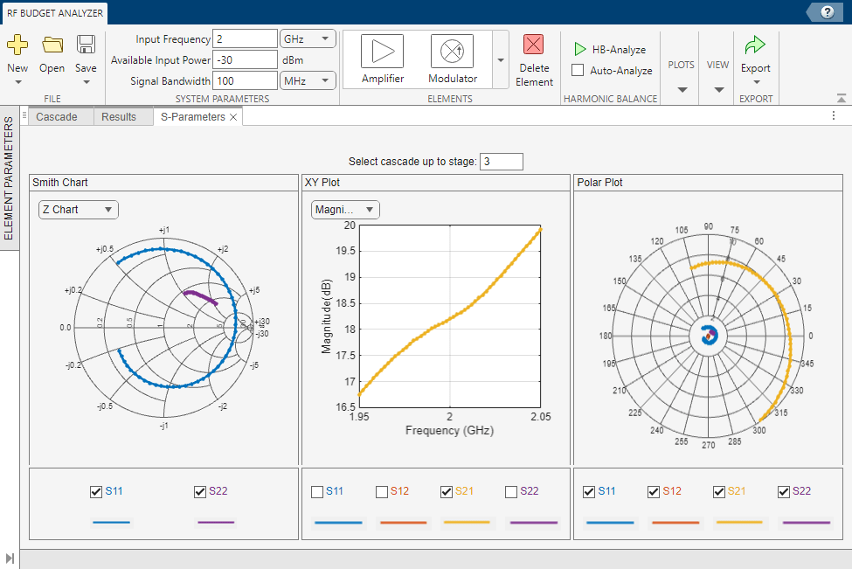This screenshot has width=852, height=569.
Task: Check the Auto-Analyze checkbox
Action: (578, 71)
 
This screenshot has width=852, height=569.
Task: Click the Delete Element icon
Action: (533, 45)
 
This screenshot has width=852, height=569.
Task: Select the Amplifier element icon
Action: (382, 52)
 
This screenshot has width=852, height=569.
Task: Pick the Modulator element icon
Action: (452, 52)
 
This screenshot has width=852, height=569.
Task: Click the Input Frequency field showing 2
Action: (245, 39)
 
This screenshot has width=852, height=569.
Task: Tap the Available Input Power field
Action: (245, 60)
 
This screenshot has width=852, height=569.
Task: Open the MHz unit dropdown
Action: (308, 81)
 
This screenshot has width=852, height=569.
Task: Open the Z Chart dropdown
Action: (78, 210)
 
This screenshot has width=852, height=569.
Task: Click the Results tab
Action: (119, 117)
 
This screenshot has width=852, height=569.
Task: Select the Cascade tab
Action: (57, 117)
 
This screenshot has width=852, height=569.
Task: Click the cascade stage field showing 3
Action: (501, 162)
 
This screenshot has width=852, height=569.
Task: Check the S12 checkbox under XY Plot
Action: (382, 492)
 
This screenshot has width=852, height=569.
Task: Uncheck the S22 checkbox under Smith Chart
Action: (200, 492)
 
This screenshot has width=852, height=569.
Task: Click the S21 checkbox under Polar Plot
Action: (719, 492)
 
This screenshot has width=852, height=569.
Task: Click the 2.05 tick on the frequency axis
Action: (541, 417)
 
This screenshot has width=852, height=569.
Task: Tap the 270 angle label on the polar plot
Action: (709, 445)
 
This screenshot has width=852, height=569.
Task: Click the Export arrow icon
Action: (755, 45)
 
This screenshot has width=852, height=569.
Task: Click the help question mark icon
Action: (826, 12)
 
